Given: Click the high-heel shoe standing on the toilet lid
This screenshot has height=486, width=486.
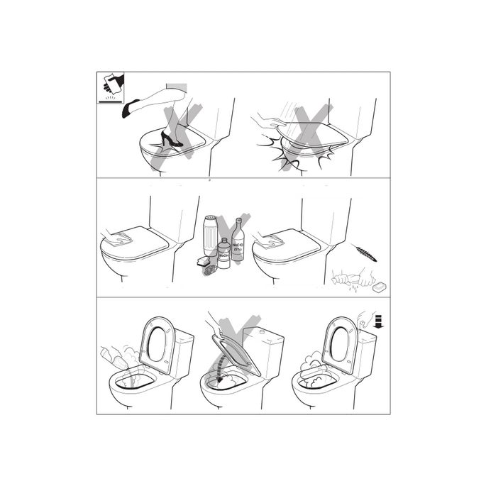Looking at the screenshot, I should point(170,139).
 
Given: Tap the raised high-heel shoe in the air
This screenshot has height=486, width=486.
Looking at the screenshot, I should point(131,108).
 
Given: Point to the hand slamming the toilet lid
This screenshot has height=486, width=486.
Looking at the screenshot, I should point(269,122).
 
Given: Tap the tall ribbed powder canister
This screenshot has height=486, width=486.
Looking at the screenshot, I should point(210,237).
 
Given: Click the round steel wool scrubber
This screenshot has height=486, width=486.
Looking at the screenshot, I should point(211,267).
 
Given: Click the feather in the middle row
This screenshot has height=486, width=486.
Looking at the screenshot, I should point(366,253).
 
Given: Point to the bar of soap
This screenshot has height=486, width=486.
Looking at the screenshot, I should point(381,285).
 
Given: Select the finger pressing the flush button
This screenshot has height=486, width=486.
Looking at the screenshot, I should point(363,319).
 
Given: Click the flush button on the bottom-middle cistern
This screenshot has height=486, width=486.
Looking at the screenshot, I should point(263,331).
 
